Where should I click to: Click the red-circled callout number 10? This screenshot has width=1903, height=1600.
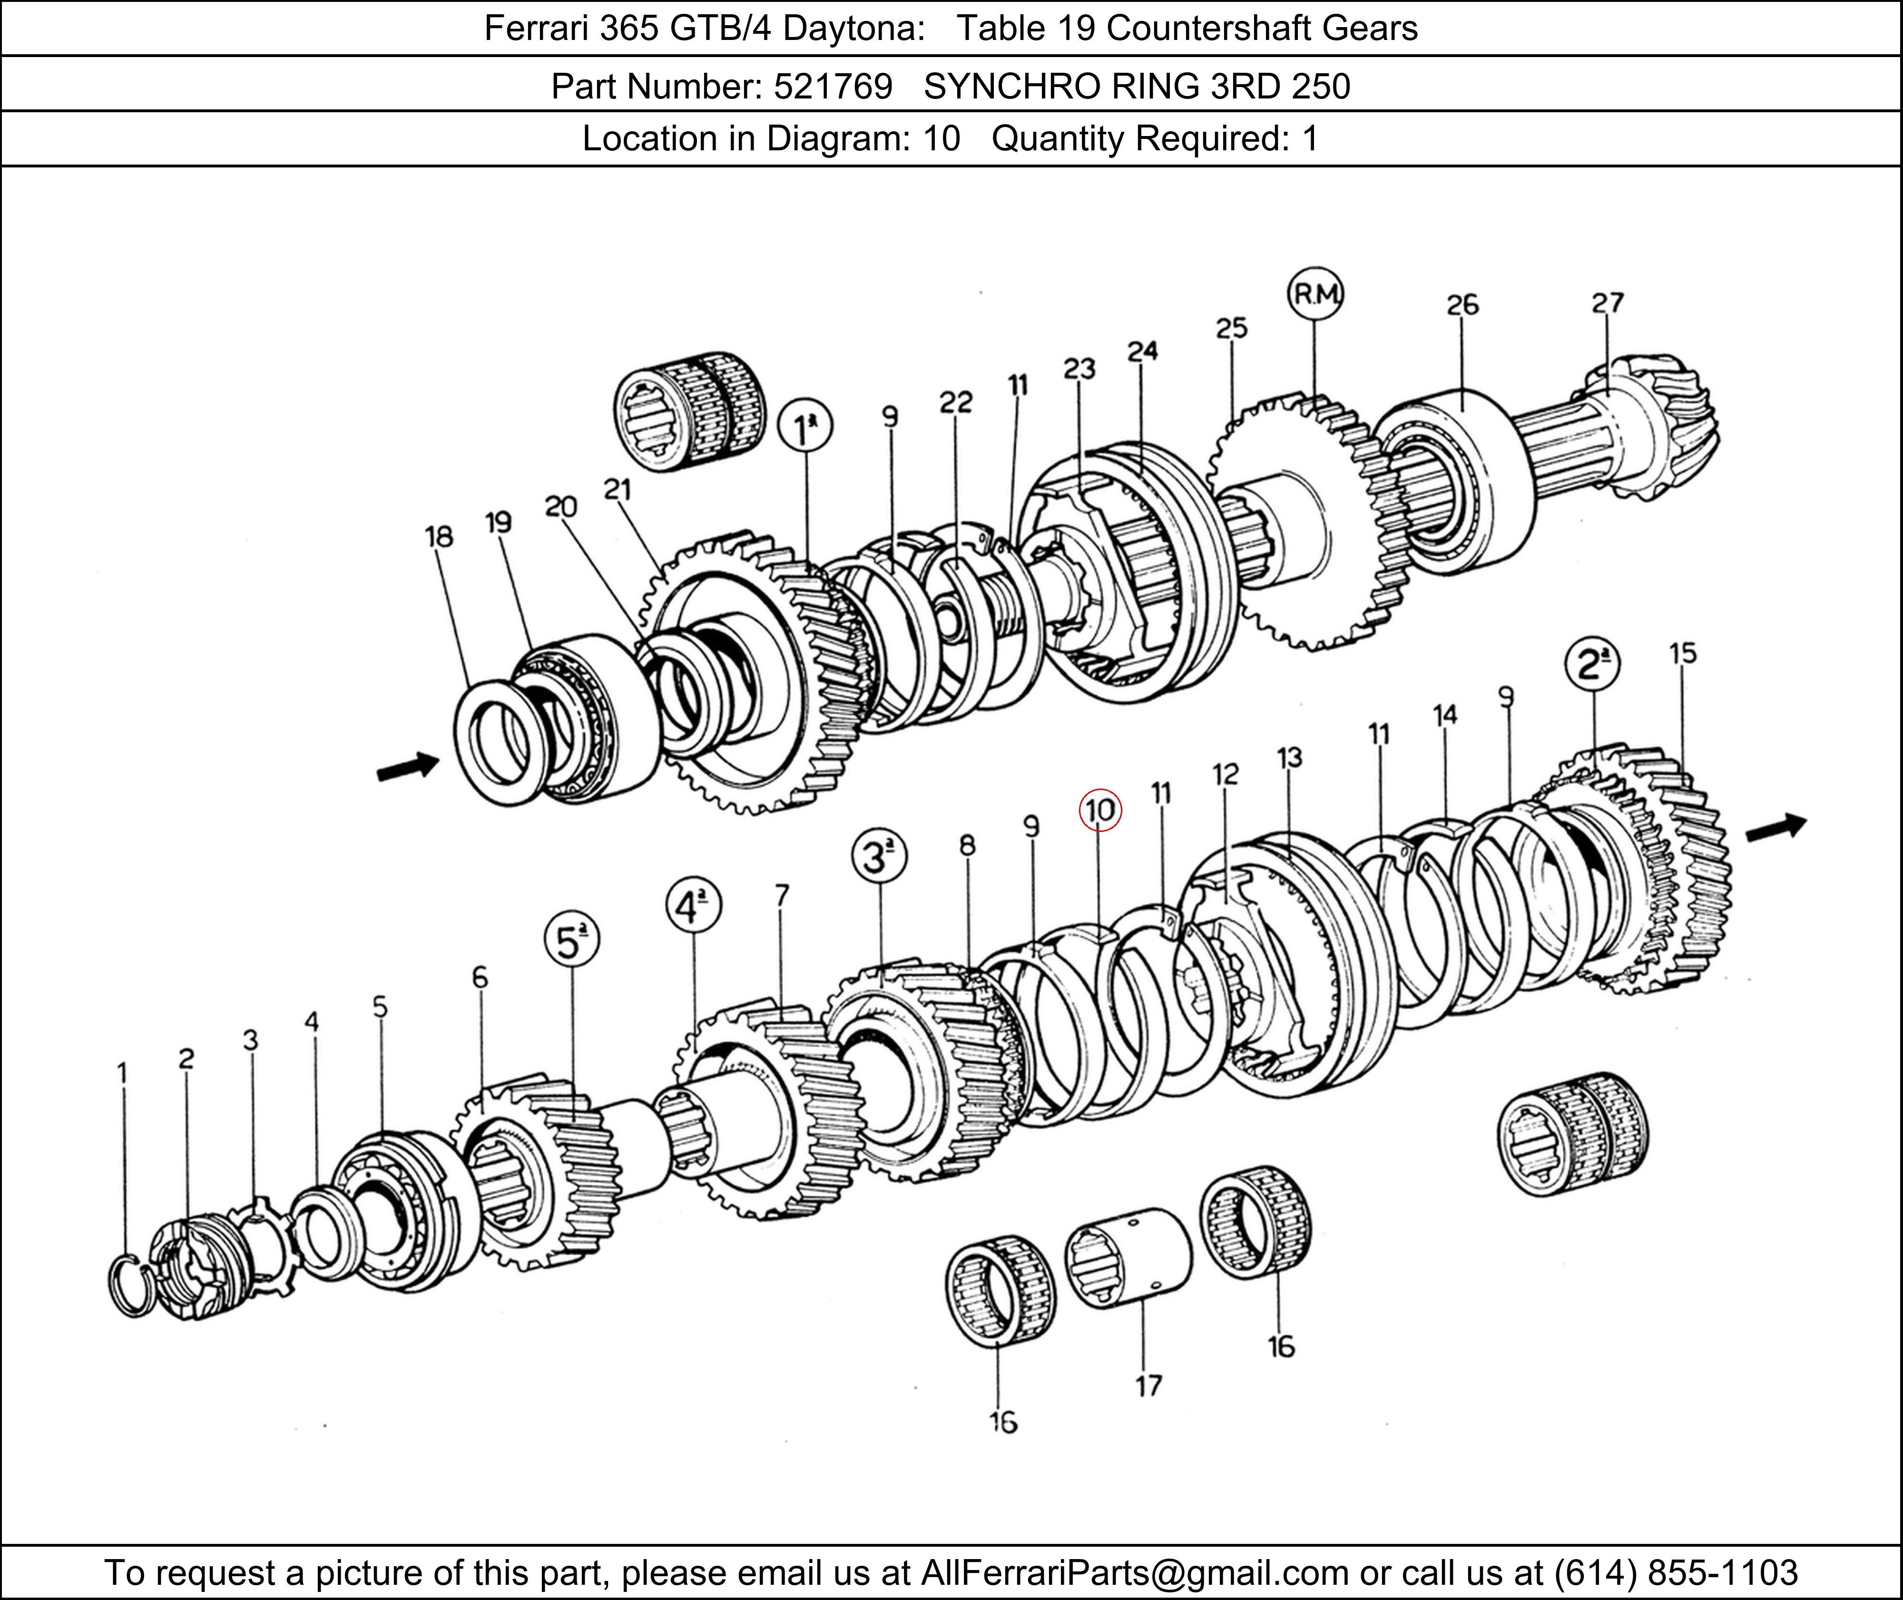click(1100, 810)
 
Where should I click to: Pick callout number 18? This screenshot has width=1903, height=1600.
click(439, 537)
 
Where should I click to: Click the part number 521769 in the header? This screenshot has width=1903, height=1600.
click(833, 86)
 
